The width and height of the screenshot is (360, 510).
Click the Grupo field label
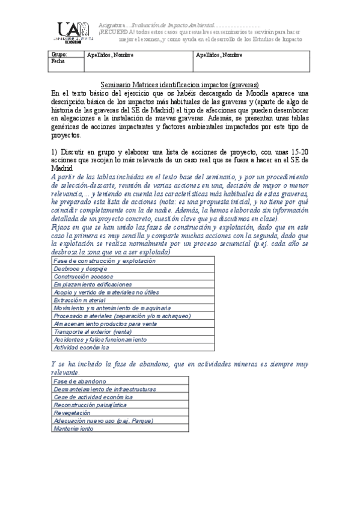click(x=59, y=55)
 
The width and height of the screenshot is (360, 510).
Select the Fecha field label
click(x=58, y=61)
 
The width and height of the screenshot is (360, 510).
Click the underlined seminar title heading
click(x=180, y=85)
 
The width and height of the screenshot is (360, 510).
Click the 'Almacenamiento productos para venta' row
click(x=105, y=324)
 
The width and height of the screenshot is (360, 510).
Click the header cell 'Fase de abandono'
click(x=80, y=381)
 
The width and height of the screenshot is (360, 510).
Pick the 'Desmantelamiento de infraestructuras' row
click(x=100, y=389)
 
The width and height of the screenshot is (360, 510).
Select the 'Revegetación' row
click(x=72, y=413)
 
